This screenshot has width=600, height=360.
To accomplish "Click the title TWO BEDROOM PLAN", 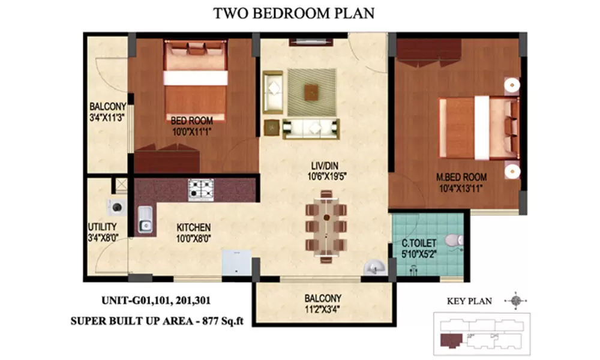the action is pos(293,13).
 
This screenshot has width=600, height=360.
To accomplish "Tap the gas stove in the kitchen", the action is pos(201,190).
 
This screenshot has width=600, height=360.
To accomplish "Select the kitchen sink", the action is pos(145,219).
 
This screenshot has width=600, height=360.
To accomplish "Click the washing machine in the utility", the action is pos(117,208).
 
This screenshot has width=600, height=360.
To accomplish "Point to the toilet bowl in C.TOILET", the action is pos(454,241).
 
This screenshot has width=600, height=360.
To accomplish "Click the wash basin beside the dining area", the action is pos(374,267).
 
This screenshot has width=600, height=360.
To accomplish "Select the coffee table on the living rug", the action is pos(311,92).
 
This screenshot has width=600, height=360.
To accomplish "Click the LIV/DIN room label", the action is pos(325,166).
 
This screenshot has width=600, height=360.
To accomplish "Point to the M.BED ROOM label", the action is pos(461,177).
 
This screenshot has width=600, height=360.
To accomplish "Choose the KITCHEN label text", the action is pos(194,227).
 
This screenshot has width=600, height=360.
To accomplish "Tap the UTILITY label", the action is pos(102,226).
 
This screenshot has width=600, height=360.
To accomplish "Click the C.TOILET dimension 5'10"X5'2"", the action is pos(419,254).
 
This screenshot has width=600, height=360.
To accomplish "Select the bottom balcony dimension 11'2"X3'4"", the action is pos(322,309).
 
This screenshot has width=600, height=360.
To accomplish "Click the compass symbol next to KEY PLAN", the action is pos(516,301).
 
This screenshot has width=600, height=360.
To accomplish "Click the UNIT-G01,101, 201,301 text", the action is pos(156,301).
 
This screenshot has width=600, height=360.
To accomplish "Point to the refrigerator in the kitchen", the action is pos(236,262).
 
